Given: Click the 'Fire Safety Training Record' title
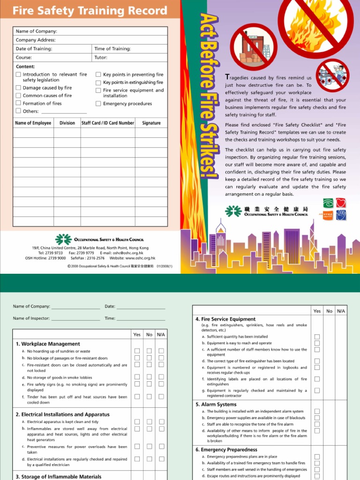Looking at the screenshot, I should (90, 11).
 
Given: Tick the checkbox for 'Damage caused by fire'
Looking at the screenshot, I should (18, 88).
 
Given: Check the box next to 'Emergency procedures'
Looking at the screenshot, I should (98, 104).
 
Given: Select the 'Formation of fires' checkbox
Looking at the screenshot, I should (18, 103).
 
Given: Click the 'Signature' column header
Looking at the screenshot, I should (151, 123).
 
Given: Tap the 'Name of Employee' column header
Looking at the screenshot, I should (33, 123).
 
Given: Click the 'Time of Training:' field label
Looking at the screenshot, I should (112, 49).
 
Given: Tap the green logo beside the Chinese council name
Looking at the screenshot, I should (233, 211).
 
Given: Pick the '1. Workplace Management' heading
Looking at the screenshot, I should (48, 344).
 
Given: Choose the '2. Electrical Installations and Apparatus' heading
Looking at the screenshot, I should (63, 414).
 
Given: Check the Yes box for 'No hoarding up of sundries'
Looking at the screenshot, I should (137, 351).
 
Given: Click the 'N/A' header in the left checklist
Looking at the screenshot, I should (161, 335).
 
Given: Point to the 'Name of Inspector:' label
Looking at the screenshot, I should (31, 318).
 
